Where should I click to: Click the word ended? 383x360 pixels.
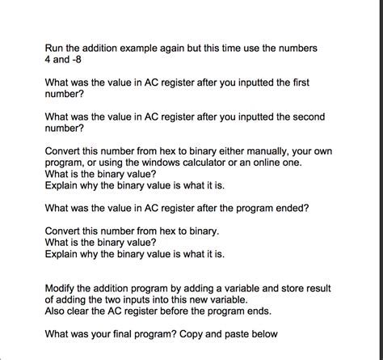pyautogui.click(x=290, y=208)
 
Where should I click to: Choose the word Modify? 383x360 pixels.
pyautogui.click(x=62, y=288)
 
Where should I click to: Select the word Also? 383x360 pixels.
pyautogui.click(x=57, y=311)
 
